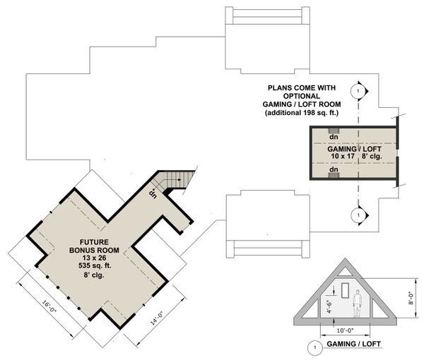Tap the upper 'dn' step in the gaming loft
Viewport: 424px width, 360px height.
click(334, 132)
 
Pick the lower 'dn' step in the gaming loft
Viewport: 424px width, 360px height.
click(334, 174)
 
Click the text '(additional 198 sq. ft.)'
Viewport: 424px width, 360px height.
click(311, 113)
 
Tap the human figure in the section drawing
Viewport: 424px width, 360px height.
click(358, 301)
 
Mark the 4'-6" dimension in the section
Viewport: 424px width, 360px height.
click(328, 305)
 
